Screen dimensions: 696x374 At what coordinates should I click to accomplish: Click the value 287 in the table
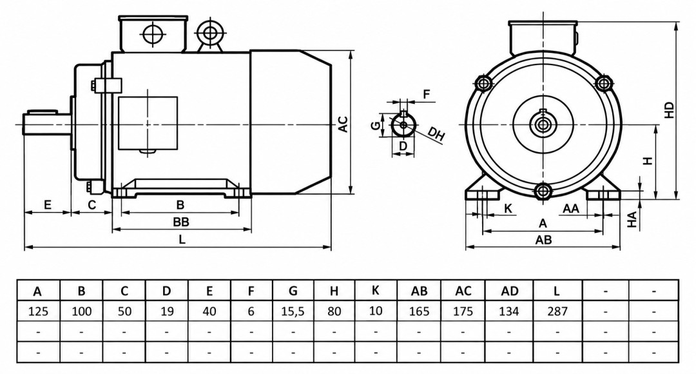(x=557, y=311)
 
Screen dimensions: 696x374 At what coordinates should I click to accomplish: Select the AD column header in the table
(x=509, y=291)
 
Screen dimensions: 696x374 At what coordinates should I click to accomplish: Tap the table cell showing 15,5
(x=293, y=311)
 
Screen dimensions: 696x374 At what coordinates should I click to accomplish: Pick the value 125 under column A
(x=38, y=311)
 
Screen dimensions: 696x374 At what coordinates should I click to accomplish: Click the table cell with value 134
(x=508, y=311)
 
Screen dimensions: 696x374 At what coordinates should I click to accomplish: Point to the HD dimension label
(x=669, y=110)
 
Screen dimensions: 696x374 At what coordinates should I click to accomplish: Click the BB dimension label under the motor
(x=180, y=222)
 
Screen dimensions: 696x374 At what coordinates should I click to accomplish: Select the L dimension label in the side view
(x=182, y=239)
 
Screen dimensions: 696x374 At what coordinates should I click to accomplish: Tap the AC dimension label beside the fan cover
(x=343, y=124)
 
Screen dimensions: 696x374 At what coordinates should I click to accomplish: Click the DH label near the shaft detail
(x=437, y=133)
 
